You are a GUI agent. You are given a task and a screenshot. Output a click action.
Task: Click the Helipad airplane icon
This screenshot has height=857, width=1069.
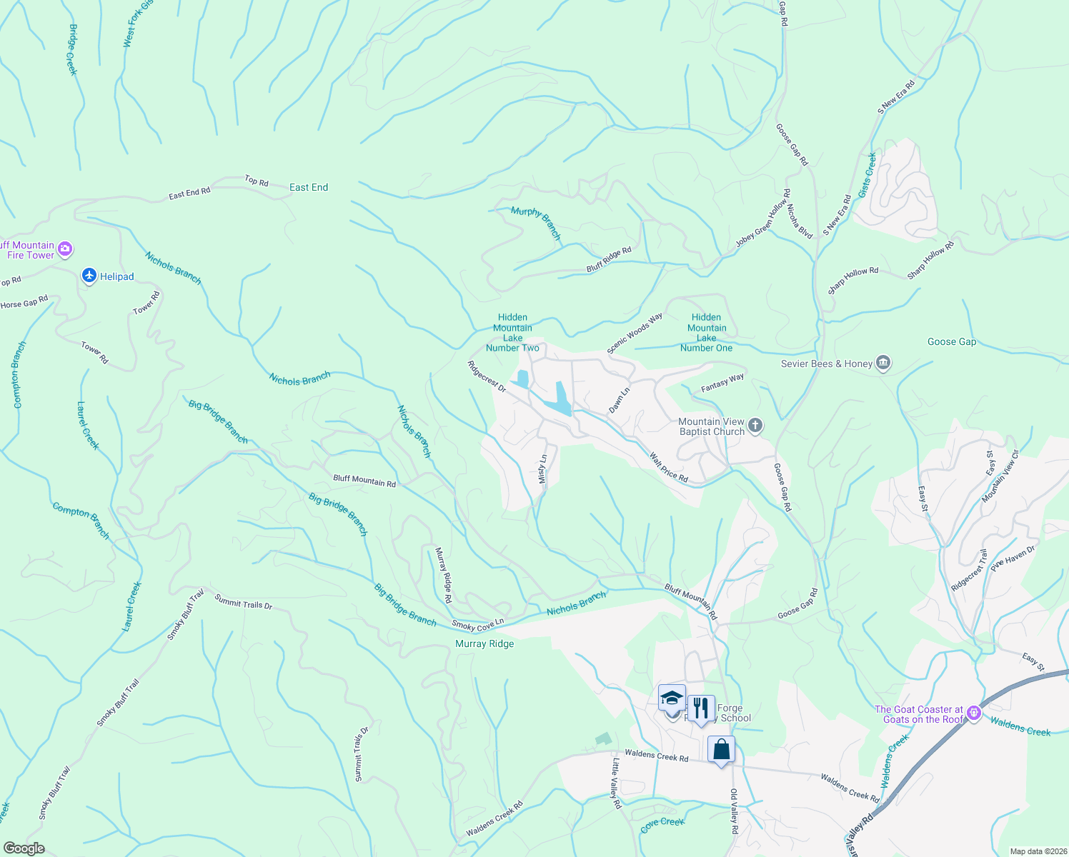pyautogui.click(x=89, y=276)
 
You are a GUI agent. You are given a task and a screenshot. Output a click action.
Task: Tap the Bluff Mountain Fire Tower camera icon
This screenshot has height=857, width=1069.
pyautogui.click(x=65, y=249)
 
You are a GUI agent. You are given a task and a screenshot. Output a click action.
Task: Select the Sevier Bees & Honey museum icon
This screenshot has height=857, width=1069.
pyautogui.click(x=883, y=364)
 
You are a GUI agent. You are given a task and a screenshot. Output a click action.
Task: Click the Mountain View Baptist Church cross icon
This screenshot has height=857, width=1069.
pyautogui.click(x=755, y=426)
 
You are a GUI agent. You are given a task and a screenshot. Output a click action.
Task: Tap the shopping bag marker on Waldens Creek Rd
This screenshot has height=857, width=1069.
pyautogui.click(x=721, y=750)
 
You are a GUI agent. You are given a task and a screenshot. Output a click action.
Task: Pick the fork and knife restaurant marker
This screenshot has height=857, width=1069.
pyautogui.click(x=701, y=708)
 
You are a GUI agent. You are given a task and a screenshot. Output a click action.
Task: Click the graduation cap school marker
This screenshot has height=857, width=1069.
pyautogui.click(x=672, y=698)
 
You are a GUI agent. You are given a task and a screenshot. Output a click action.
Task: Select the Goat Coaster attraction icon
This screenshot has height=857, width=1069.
pyautogui.click(x=973, y=713)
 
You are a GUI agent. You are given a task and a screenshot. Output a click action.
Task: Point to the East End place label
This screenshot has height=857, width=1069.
pyautogui.click(x=309, y=187)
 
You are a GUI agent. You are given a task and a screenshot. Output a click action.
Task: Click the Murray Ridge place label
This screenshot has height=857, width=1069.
pyautogui.click(x=484, y=643)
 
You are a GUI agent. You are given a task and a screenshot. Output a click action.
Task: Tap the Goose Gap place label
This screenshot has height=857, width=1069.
pyautogui.click(x=951, y=341)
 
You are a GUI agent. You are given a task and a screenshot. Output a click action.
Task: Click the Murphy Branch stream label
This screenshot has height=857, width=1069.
pyautogui.click(x=536, y=223)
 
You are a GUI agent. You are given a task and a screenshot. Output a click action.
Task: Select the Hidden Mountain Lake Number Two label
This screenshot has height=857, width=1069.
pyautogui.click(x=512, y=333)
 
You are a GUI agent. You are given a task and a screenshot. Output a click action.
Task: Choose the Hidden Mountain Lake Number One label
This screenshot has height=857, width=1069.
pyautogui.click(x=706, y=333)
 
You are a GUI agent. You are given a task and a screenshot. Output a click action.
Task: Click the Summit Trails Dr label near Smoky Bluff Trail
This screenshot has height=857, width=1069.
pyautogui.click(x=244, y=603)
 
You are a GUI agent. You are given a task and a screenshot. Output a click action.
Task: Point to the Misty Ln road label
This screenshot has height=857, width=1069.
pyautogui.click(x=542, y=469)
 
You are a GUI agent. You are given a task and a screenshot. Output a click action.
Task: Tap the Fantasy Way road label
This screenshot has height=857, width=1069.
pyautogui.click(x=722, y=383)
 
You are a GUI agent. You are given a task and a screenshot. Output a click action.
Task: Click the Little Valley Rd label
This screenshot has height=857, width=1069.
pyautogui.click(x=615, y=783)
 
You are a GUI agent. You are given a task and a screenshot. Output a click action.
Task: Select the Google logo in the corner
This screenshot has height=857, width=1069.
pyautogui.click(x=24, y=848)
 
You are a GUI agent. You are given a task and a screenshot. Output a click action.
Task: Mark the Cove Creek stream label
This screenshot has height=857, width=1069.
pyautogui.click(x=662, y=823)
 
